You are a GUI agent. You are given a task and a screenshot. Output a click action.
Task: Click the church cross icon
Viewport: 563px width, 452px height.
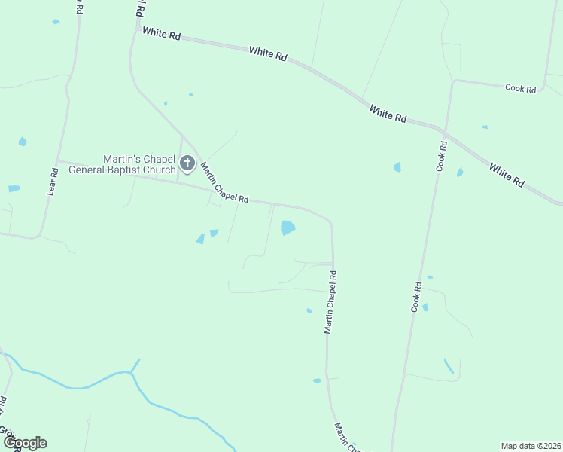[x=187, y=163]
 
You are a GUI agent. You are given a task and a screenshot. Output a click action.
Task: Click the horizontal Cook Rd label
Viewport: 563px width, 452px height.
[x=520, y=89]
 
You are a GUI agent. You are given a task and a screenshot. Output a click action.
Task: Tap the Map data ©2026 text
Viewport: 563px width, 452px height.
[x=531, y=446]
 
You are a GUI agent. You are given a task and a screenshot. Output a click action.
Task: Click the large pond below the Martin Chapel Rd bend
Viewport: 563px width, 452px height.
[x=288, y=227]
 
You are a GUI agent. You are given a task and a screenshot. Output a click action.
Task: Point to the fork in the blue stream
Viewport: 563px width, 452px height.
[x=132, y=372]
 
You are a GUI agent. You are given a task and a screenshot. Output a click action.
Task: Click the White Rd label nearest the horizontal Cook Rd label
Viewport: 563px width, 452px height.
[x=388, y=114]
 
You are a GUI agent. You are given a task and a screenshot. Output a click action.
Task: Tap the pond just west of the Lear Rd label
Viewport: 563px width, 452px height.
[x=23, y=142]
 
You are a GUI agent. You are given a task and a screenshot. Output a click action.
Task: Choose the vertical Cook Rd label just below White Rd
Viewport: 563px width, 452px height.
[x=442, y=155]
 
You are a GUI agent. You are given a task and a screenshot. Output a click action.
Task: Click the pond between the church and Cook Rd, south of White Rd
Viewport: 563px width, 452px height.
[x=397, y=167]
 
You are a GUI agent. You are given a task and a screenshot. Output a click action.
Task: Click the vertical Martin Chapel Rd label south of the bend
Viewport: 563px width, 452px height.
[x=330, y=303]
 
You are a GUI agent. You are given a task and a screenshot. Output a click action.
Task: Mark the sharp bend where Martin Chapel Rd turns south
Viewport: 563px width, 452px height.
[x=330, y=222]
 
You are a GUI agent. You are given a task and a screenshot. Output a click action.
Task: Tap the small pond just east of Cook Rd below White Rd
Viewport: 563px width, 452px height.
[x=459, y=173]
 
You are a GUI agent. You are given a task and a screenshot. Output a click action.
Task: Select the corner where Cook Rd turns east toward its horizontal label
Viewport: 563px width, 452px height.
[x=453, y=81]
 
